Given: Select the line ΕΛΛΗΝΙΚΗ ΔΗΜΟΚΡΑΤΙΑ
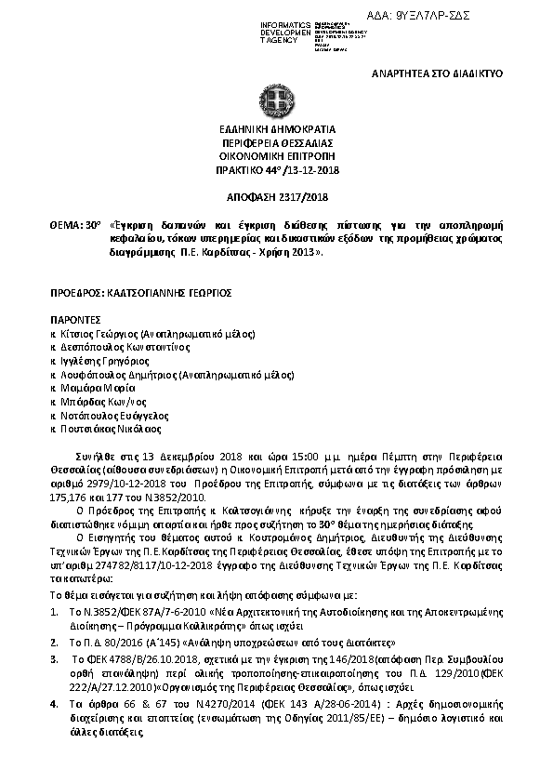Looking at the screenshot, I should coord(276,130).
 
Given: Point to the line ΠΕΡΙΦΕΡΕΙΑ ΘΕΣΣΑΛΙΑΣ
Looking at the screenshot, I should coord(276,144).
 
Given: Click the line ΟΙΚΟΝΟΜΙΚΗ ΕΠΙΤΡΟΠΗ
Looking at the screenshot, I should coord(276,158).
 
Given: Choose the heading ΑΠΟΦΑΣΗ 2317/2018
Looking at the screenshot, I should coord(276,197).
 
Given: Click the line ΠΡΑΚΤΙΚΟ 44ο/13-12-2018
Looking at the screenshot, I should coord(276,172).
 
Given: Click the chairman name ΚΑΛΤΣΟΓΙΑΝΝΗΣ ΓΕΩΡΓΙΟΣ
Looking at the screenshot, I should coord(169,292).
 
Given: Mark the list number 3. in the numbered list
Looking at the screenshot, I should coord(54,658).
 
